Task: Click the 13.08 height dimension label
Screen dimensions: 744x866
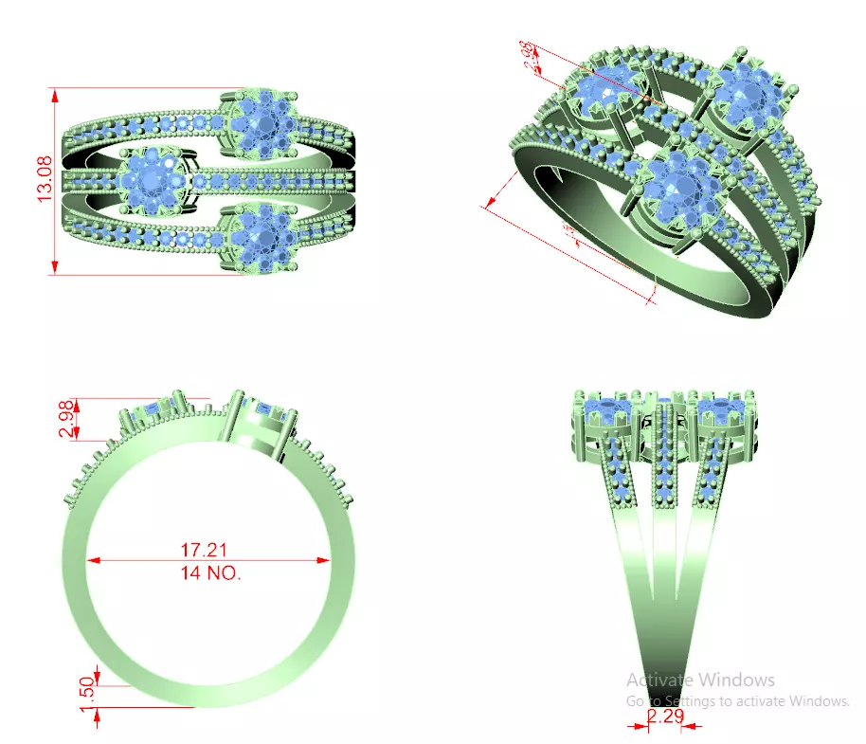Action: point(44,181)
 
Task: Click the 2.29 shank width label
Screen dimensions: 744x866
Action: point(666,717)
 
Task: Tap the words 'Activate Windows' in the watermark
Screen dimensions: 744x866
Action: point(700,680)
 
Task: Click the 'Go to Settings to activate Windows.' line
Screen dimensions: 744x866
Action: point(738,701)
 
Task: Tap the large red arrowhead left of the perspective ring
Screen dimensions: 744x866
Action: point(491,202)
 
